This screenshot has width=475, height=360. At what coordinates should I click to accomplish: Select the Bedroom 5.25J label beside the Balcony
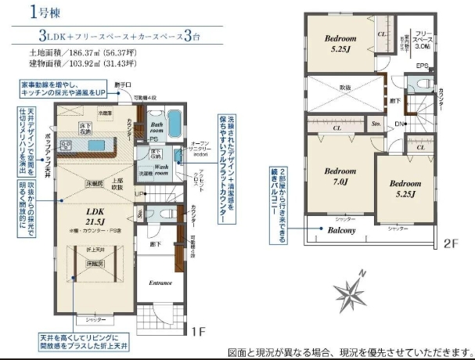pyautogui.click(x=405, y=189)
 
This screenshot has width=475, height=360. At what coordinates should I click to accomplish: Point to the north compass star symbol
pyautogui.click(x=349, y=293)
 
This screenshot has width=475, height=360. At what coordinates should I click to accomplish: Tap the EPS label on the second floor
pyautogui.click(x=422, y=66)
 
